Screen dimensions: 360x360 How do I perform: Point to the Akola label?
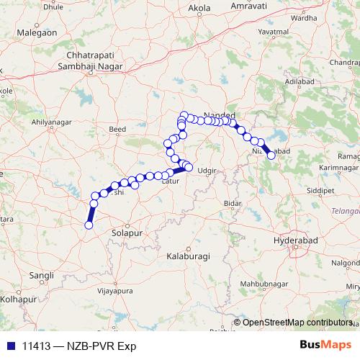coord(198,9)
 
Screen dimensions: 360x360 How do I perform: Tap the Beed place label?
coord(117,130)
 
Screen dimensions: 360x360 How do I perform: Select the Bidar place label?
coord(232,204)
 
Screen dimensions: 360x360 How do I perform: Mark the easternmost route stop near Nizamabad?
coord(271,155)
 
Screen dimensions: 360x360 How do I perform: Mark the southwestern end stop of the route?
coord(89,225)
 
